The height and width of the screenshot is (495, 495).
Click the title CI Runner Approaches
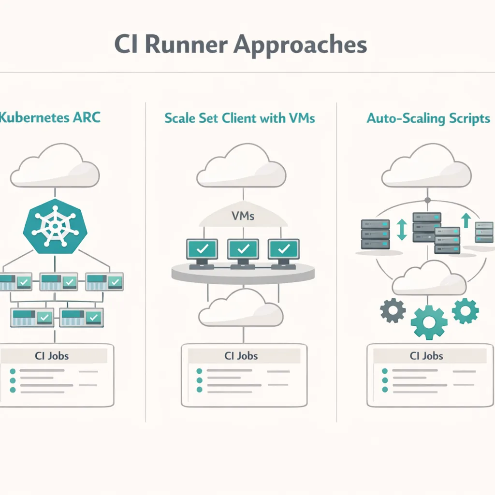click(x=240, y=44)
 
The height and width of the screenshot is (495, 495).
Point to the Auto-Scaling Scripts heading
click(x=428, y=118)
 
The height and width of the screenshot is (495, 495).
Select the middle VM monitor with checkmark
click(x=243, y=250)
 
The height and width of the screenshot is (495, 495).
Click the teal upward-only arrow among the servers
click(x=466, y=220)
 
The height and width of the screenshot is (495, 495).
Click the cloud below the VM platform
click(x=241, y=310)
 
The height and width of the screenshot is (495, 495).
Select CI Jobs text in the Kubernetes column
click(x=52, y=356)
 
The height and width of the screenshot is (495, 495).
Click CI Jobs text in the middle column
click(x=241, y=356)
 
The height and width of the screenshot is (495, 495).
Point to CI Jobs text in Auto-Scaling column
click(x=426, y=356)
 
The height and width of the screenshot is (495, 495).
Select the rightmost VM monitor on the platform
click(x=284, y=250)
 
